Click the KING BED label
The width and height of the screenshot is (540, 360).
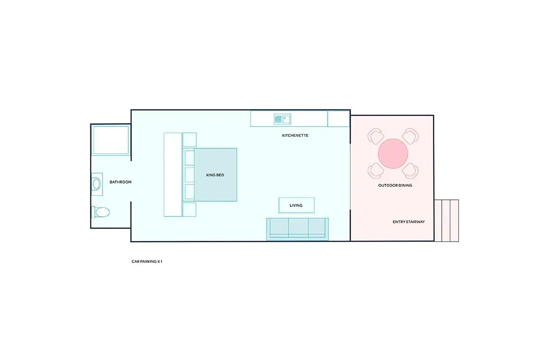[x=215, y=175]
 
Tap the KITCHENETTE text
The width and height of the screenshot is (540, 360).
[x=295, y=135]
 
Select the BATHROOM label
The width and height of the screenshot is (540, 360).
[x=120, y=182]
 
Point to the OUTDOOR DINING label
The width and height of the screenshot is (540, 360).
[x=395, y=185]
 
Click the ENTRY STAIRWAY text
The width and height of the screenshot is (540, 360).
[x=409, y=222]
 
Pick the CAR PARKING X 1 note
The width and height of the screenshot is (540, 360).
[x=147, y=261]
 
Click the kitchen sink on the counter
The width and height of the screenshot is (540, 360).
[x=282, y=119]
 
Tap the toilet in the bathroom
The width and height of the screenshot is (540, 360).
[x=100, y=212]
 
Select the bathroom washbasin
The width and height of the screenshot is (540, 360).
[x=97, y=184]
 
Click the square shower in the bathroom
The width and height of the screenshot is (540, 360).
[x=111, y=140]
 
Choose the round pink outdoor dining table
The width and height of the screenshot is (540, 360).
[x=393, y=153]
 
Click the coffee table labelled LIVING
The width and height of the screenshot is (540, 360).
[x=297, y=206]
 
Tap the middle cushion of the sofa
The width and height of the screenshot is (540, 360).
[x=298, y=228]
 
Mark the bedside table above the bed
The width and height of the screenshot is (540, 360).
[x=189, y=139]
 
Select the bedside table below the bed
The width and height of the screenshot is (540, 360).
[x=189, y=210]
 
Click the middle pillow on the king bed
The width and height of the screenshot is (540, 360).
[x=189, y=175]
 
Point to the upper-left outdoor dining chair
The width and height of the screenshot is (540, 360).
[x=376, y=136]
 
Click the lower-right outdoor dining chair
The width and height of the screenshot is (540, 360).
[x=410, y=171]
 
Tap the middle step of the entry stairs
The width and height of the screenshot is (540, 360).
[x=446, y=220]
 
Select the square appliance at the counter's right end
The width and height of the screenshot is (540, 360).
[x=339, y=119]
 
